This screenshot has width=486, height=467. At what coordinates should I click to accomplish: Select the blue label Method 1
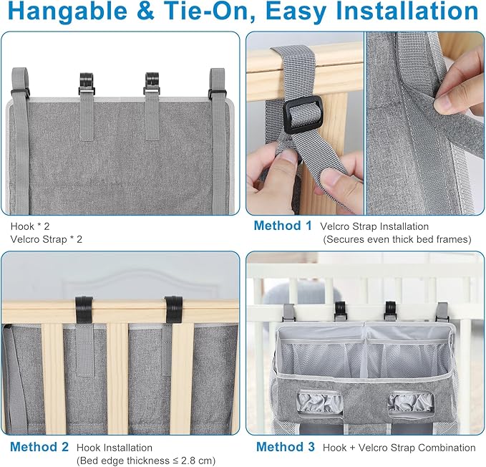[283, 226]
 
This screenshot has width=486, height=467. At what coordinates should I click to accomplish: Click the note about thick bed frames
[397, 239]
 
